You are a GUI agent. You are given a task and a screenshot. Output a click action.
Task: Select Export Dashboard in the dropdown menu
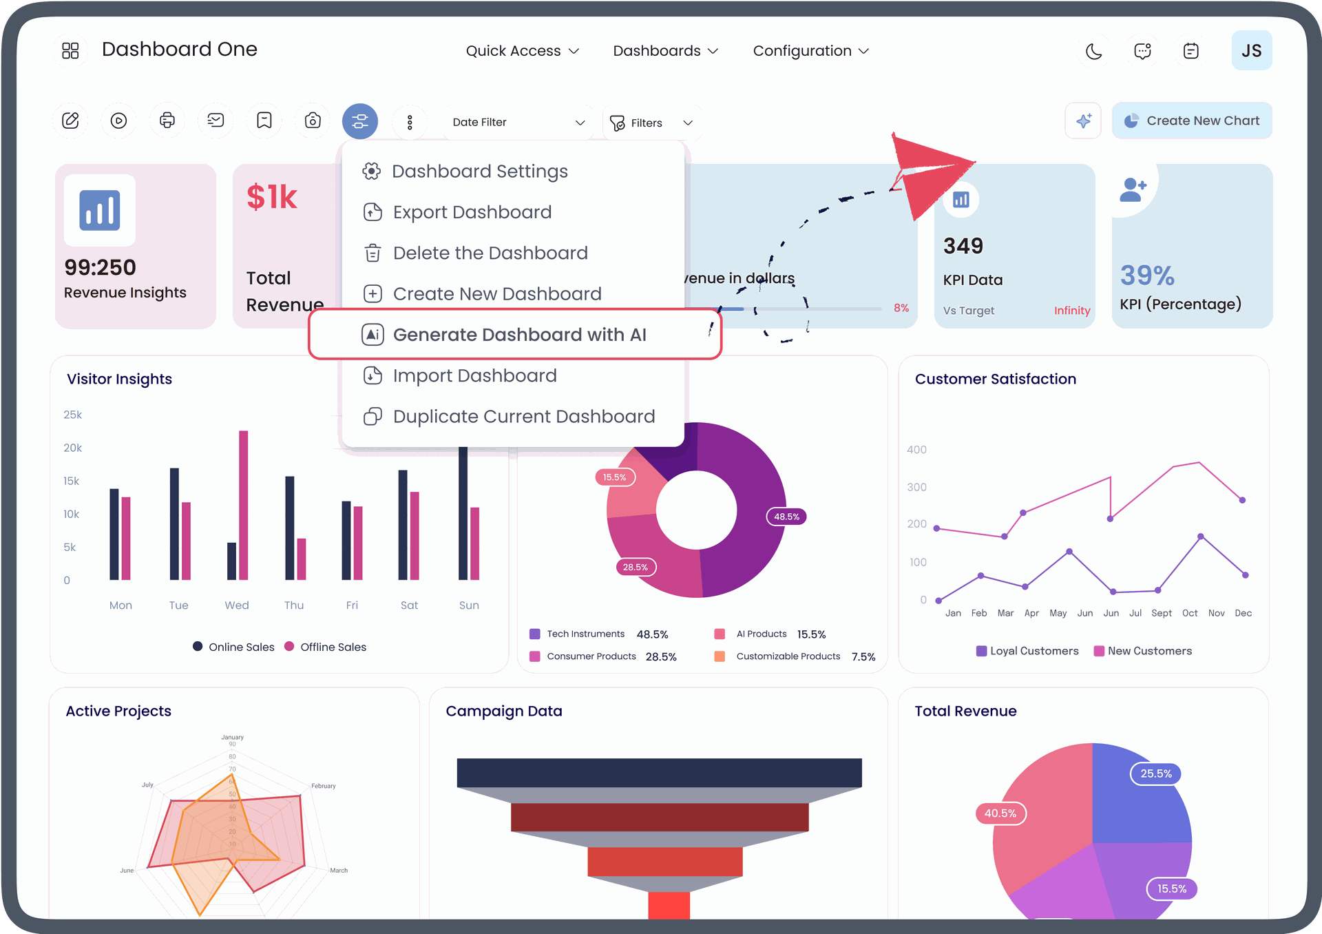472,212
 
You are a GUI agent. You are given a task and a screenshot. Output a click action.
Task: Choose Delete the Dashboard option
490,253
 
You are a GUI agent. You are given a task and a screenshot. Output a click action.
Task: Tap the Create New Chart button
1192,121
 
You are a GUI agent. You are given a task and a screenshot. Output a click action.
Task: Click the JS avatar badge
1251,50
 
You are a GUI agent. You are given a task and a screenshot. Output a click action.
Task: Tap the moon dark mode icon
1093,51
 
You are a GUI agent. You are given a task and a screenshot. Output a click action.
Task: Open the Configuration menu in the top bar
810,51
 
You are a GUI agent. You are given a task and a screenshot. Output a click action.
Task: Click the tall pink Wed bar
243,504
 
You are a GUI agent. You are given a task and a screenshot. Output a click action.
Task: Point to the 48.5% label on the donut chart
786,517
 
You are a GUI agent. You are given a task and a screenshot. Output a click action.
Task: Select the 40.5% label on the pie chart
1000,813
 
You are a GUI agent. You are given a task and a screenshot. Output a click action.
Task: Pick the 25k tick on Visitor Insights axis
72,415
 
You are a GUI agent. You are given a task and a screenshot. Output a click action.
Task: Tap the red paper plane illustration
932,175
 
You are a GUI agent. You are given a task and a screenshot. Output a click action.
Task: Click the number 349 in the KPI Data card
963,246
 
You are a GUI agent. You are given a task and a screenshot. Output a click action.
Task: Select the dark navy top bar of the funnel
659,772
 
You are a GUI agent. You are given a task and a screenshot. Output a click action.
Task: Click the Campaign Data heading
503,711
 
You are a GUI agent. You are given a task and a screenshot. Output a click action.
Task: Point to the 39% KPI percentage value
1147,276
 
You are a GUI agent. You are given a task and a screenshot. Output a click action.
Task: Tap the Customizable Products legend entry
787,656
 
